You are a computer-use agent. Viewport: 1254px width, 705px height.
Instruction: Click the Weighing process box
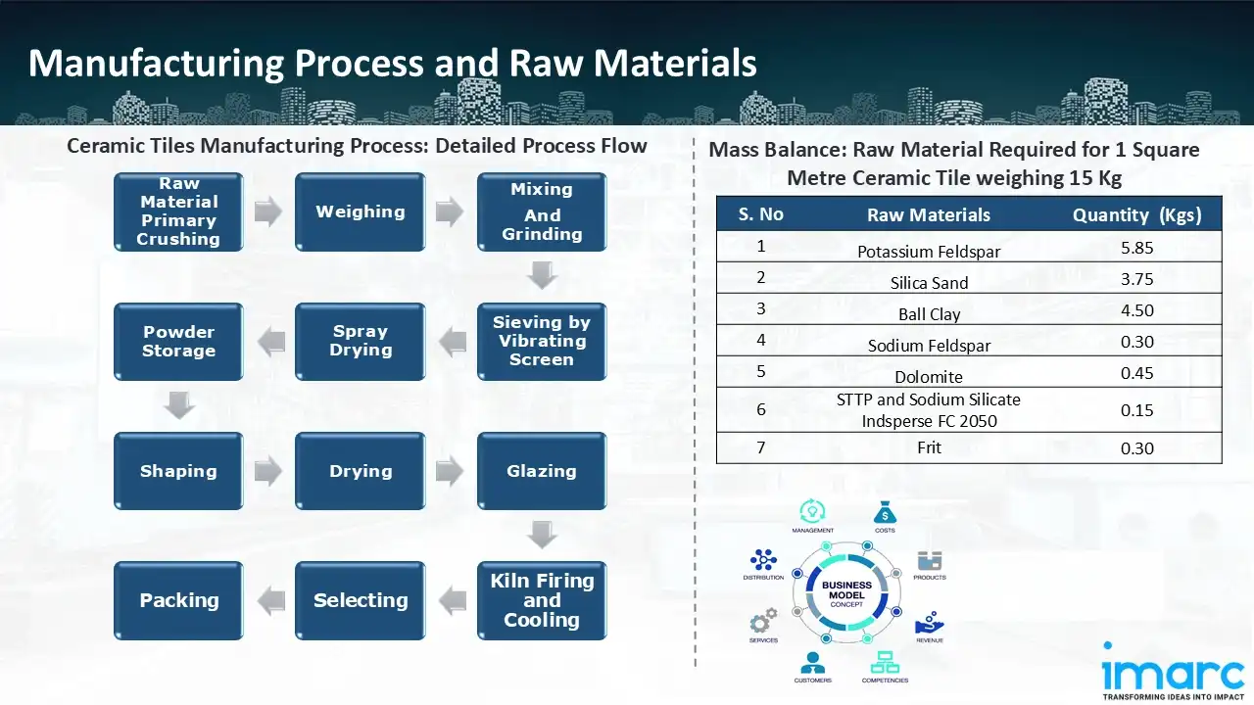[x=360, y=211]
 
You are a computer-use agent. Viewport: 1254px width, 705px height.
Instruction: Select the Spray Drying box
[x=360, y=341]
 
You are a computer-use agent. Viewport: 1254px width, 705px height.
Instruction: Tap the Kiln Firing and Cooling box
[x=541, y=600]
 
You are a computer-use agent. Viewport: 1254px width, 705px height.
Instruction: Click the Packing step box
[x=178, y=600]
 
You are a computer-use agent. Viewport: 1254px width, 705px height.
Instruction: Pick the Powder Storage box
[x=178, y=341]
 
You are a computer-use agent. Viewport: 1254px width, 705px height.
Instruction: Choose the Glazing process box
[x=541, y=471]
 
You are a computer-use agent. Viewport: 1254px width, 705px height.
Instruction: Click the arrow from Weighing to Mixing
[x=450, y=211]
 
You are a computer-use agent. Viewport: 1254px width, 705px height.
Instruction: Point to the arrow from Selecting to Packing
[x=271, y=600]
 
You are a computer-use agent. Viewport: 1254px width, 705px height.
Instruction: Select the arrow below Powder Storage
[x=178, y=403]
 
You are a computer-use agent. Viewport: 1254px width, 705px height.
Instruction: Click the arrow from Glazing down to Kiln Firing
[x=542, y=535]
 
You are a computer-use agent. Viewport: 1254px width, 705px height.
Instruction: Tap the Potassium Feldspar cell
[x=929, y=252]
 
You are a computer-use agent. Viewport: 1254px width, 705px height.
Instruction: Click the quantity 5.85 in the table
[x=1136, y=248]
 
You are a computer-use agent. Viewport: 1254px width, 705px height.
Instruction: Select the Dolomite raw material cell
[x=929, y=377]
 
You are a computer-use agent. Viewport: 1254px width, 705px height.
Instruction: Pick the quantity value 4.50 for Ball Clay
[x=1136, y=310]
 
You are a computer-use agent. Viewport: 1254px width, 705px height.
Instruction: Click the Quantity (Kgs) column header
[x=1136, y=215]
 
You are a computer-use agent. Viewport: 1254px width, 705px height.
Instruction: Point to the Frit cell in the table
[x=929, y=447]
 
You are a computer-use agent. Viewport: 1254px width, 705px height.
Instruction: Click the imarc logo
[x=1173, y=673]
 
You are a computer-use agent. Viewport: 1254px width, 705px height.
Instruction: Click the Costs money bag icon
[x=885, y=513]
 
